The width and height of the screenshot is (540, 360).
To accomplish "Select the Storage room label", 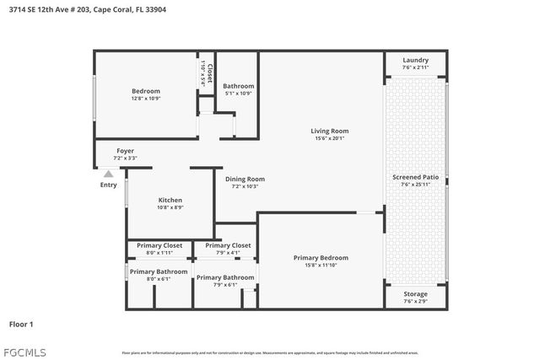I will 415,297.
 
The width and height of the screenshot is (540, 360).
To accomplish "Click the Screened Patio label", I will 415,180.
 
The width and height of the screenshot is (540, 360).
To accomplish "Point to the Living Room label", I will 329,135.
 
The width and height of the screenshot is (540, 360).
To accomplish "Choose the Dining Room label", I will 245,182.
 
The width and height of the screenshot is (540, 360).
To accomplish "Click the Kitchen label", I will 170,203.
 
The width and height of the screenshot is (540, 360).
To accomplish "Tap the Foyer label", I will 125,154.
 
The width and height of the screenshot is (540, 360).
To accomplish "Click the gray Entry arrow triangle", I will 108,174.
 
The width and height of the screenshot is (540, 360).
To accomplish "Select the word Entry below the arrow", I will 108,185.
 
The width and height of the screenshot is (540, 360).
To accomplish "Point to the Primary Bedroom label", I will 321,261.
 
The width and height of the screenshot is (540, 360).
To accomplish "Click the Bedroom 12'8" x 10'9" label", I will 145,94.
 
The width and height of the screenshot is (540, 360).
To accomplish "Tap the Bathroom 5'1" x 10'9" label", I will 238,89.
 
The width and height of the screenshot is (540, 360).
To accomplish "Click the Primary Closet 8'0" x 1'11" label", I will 159,249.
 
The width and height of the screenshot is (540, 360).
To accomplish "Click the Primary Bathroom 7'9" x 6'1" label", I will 224,281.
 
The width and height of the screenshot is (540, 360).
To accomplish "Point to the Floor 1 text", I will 21,324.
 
